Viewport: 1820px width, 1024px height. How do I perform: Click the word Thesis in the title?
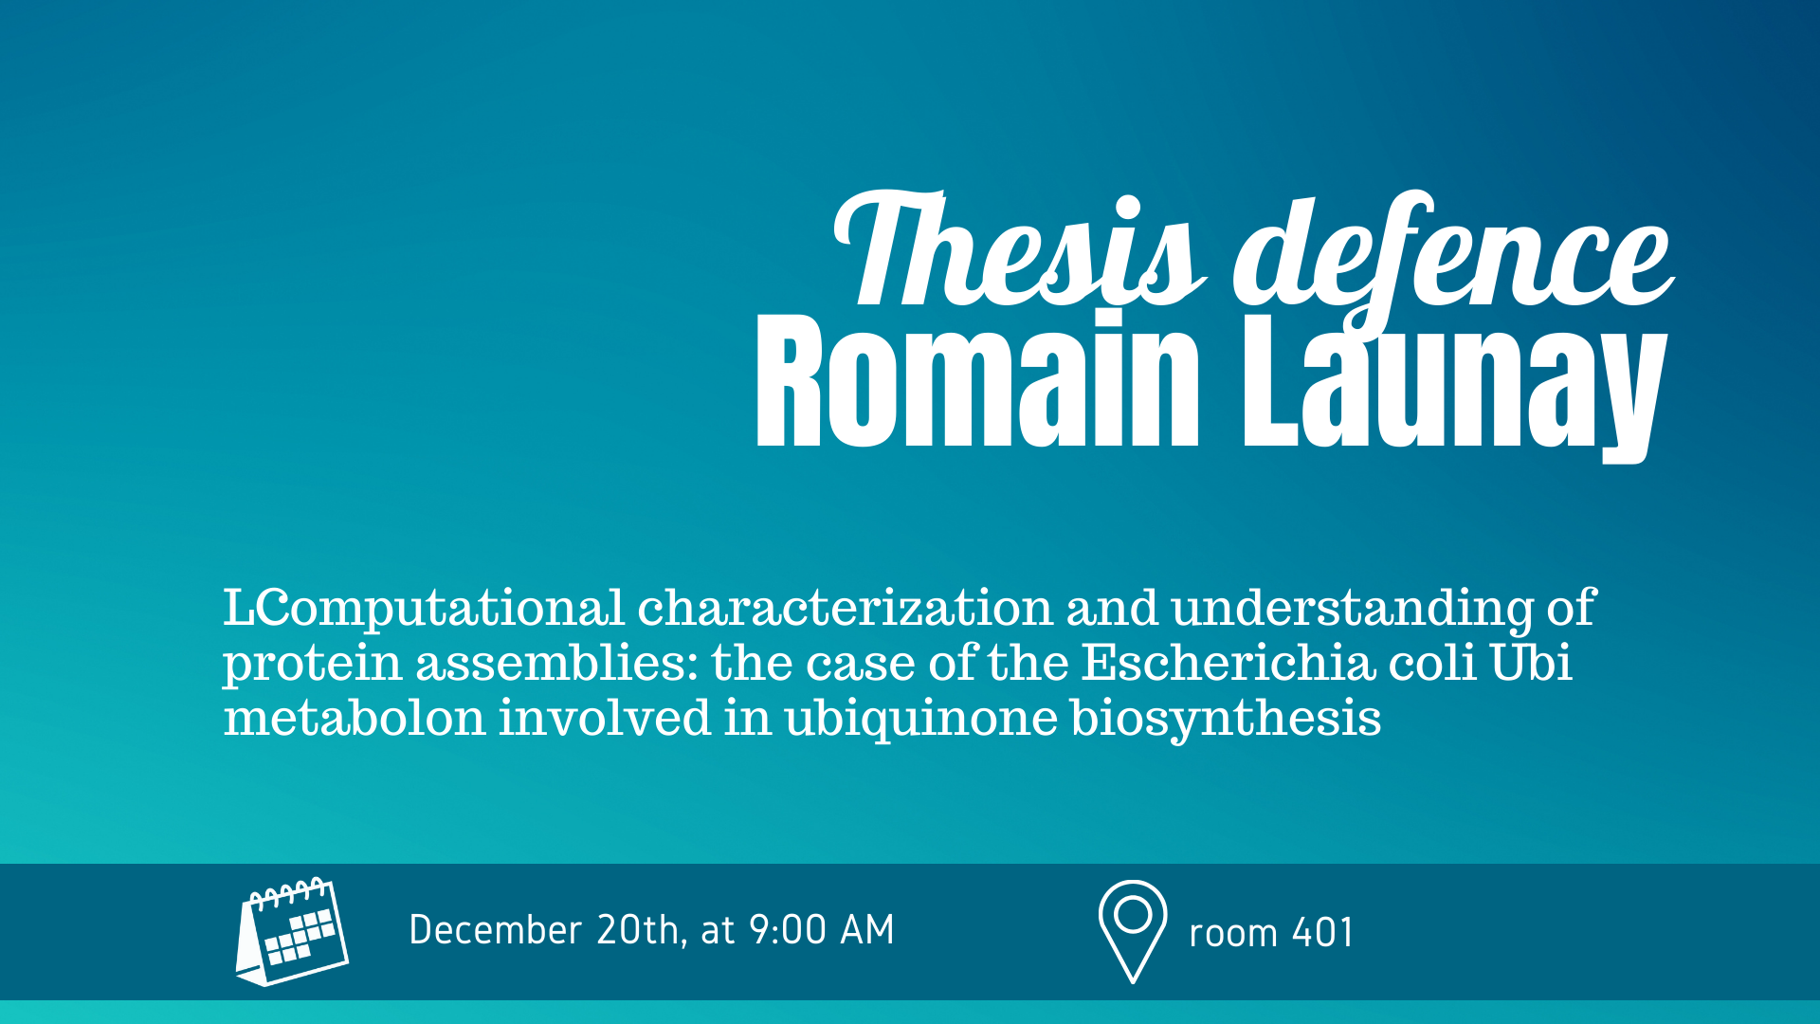point(1019,250)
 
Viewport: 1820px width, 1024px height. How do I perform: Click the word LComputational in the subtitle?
point(424,608)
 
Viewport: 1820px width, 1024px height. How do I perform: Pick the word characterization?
point(846,607)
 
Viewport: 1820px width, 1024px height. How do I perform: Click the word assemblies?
point(557,662)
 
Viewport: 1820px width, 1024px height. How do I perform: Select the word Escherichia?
point(1228,662)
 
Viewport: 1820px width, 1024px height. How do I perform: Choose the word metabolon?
point(355,717)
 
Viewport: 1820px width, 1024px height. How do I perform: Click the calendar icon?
point(292,931)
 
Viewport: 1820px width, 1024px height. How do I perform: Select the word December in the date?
point(495,930)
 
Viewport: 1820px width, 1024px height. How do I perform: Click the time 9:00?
point(788,930)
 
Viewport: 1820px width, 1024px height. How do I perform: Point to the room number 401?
point(1322,933)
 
